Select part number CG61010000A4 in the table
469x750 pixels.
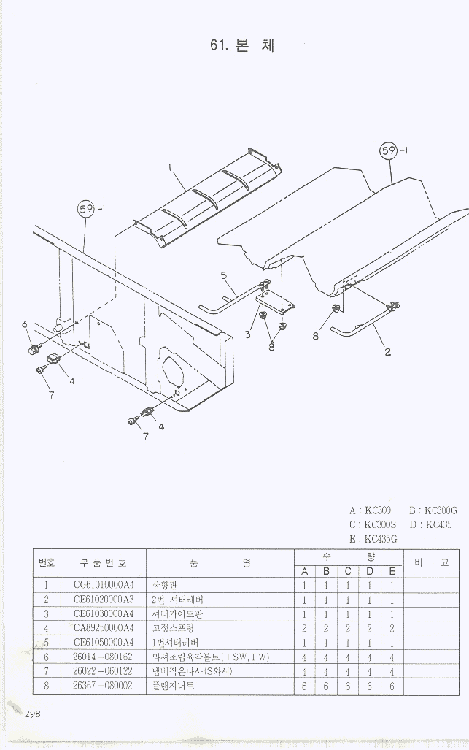pos(104,585)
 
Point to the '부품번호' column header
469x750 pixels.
pos(103,563)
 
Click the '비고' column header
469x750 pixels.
pos(430,562)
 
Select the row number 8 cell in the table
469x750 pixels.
pos(46,686)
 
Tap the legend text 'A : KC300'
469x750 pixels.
pos(370,510)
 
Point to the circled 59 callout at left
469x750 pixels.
pos(87,210)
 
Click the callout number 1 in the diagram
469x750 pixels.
pos(171,167)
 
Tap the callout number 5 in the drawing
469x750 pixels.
pos(223,275)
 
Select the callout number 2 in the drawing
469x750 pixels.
pos(388,352)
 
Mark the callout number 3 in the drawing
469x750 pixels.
pos(248,334)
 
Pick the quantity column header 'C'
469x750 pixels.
pos(348,571)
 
